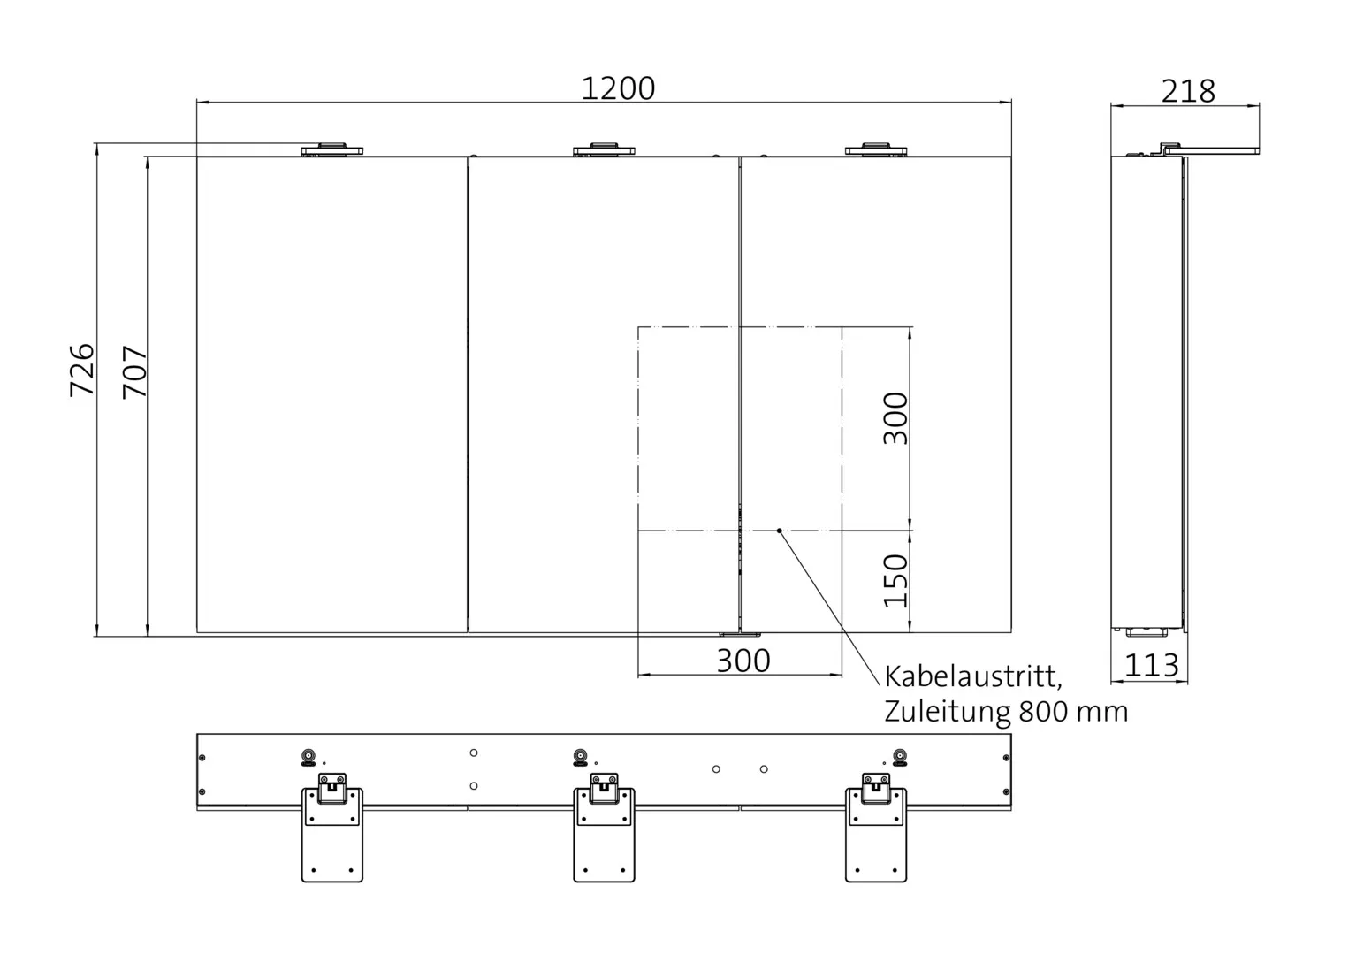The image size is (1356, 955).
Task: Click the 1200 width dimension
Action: coord(618,88)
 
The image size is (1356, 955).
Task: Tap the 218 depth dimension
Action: coord(1188,90)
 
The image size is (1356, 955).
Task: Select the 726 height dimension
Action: coord(82,370)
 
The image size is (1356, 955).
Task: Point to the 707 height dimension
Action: coord(134,371)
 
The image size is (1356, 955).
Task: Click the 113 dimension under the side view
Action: coord(1152,665)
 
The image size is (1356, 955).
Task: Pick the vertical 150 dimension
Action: coord(895,580)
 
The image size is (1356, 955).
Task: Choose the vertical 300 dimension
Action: coord(895,418)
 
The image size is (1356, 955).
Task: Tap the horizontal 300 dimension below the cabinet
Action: coord(743,661)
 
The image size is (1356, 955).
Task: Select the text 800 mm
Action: coord(1073,712)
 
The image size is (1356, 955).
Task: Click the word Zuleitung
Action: coord(947,712)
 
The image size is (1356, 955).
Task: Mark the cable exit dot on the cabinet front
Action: coord(779,531)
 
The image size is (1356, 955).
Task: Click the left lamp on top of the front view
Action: coord(332,149)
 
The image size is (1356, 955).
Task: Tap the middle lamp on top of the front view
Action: coord(605,149)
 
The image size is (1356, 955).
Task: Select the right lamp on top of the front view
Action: coord(876,149)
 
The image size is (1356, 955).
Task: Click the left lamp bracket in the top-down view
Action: coord(332,827)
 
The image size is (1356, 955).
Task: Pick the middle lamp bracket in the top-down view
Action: coord(605,827)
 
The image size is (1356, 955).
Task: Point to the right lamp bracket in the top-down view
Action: coord(876,827)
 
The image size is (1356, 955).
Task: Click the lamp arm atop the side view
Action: coord(1211,149)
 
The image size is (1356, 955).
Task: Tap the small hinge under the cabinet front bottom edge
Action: coord(739,634)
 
